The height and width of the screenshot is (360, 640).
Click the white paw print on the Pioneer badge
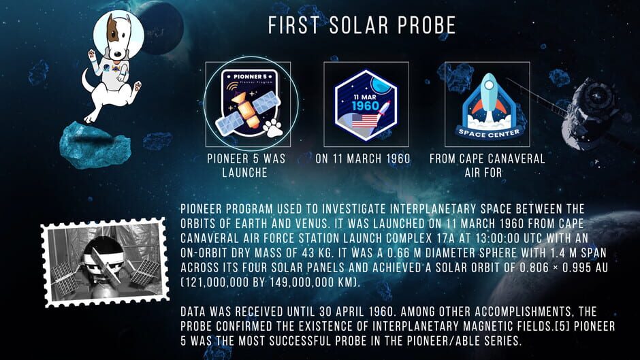tap(272, 128)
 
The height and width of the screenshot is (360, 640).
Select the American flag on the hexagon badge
tap(364, 120)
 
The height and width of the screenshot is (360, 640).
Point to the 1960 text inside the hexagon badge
tap(366, 106)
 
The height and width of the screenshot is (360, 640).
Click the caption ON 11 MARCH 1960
tap(363, 159)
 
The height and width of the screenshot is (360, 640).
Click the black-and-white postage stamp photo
tap(105, 261)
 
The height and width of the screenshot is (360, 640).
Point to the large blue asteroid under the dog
tap(95, 145)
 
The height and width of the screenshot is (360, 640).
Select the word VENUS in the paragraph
tap(310, 224)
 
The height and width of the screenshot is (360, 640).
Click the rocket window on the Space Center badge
tap(489, 86)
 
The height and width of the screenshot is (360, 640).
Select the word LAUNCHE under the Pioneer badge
tap(245, 173)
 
